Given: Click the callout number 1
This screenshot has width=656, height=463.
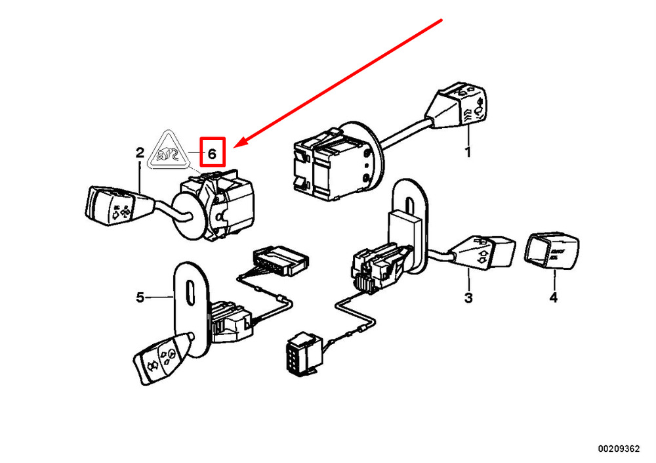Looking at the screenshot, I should point(468,152).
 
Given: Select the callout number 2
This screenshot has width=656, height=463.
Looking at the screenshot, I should point(140,153).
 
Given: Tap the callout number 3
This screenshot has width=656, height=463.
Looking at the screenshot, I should point(468,299).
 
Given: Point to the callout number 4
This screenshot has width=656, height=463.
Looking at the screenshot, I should point(553,299).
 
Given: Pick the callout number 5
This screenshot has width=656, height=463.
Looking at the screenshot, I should point(140,298).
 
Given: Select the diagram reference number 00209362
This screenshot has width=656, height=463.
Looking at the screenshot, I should point(618,449).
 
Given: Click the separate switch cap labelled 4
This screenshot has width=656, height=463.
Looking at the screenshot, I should point(552,252).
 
